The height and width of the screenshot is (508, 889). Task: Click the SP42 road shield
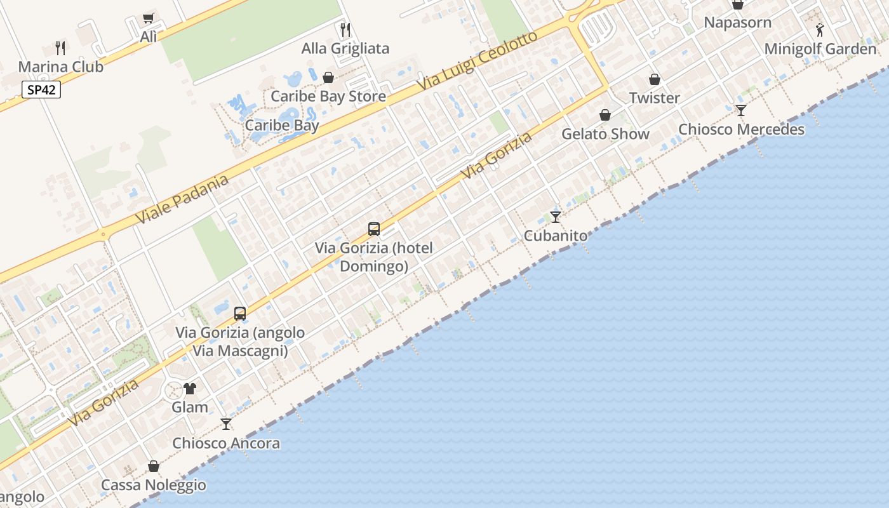click(x=42, y=90)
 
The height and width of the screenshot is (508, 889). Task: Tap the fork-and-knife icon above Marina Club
click(x=60, y=48)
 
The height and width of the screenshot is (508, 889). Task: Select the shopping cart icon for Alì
click(x=149, y=18)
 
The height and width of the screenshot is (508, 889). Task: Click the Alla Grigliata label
click(x=345, y=48)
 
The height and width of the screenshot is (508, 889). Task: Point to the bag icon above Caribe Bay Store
click(x=328, y=77)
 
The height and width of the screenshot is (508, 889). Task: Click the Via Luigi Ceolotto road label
click(x=477, y=60)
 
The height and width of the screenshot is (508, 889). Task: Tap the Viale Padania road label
click(x=182, y=199)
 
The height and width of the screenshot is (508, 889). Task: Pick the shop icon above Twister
click(x=655, y=79)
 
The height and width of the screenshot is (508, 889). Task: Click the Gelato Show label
click(x=605, y=134)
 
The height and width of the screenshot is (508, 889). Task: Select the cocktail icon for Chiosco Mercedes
click(x=741, y=110)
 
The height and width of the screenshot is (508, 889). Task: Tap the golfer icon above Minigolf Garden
click(x=820, y=30)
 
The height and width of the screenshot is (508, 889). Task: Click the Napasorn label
click(x=738, y=22)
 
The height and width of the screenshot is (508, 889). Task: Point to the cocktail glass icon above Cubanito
click(x=556, y=217)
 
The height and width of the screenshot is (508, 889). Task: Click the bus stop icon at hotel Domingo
click(x=374, y=229)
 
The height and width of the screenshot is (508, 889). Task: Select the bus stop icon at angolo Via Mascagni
click(x=240, y=313)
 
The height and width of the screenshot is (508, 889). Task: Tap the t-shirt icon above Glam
click(x=190, y=389)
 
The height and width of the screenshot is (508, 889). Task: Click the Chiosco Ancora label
click(x=226, y=443)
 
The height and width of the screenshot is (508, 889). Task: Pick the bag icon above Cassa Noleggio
click(x=154, y=467)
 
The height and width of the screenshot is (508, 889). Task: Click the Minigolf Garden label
click(x=820, y=49)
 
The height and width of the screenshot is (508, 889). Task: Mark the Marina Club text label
click(x=60, y=67)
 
